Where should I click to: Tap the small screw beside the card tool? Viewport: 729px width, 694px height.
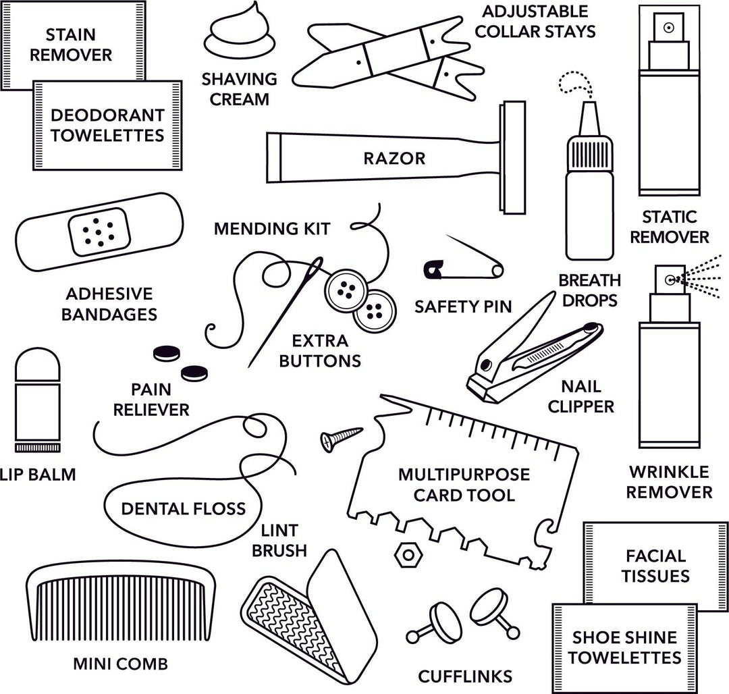(340, 437)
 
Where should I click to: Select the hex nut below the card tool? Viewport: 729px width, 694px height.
(405, 554)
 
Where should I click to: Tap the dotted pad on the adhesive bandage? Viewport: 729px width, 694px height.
(100, 231)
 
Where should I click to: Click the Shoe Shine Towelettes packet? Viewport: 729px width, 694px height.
(625, 647)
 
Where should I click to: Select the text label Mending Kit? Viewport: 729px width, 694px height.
(272, 229)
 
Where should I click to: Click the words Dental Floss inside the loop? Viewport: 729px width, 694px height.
(183, 508)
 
